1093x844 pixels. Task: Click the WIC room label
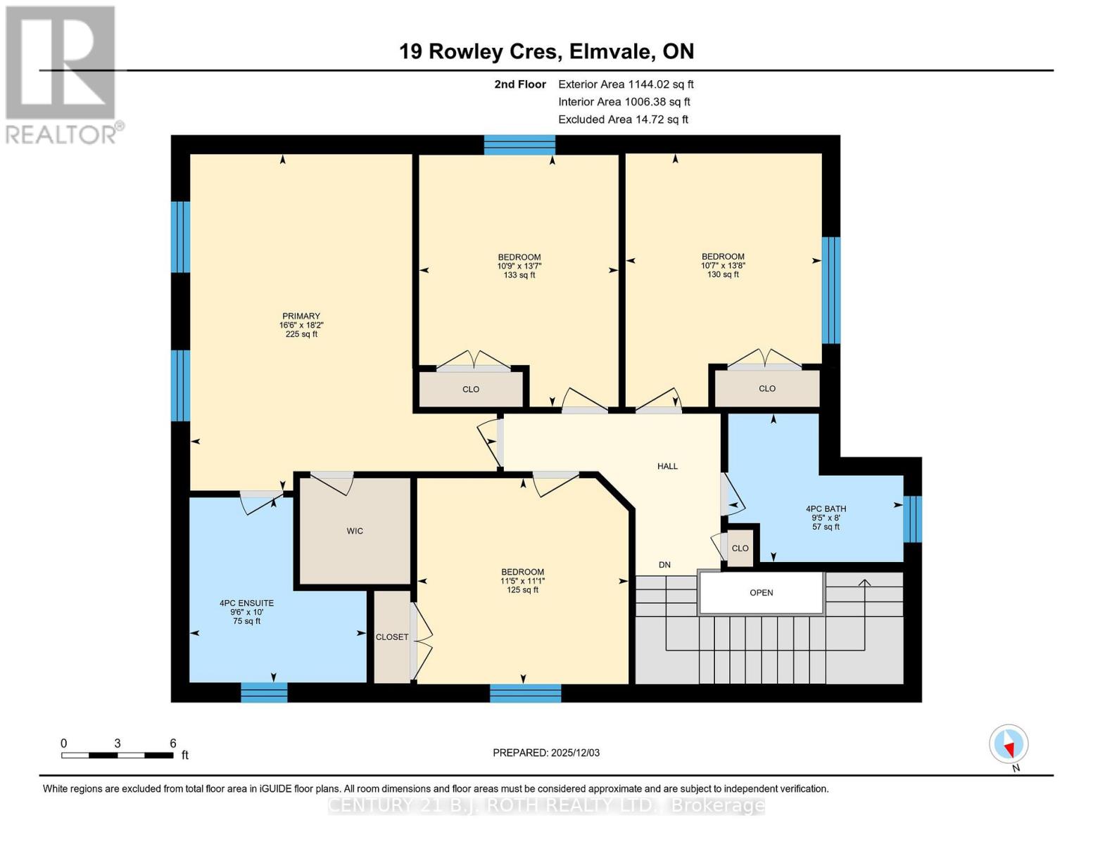pyautogui.click(x=355, y=531)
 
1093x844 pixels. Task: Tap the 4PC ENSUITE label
pyautogui.click(x=246, y=603)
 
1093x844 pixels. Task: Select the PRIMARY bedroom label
pyautogui.click(x=301, y=316)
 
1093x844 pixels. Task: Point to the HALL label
pyautogui.click(x=667, y=466)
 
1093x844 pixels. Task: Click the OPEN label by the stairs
pyautogui.click(x=761, y=593)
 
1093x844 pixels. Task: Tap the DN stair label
pyautogui.click(x=664, y=565)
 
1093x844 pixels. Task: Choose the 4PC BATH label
pyautogui.click(x=826, y=509)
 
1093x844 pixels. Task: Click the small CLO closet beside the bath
pyautogui.click(x=740, y=549)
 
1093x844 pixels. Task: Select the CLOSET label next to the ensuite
pyautogui.click(x=392, y=637)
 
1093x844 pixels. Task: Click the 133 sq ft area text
pyautogui.click(x=519, y=276)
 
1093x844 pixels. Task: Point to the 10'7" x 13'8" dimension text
pyautogui.click(x=723, y=266)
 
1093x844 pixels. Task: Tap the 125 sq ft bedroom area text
pyautogui.click(x=522, y=590)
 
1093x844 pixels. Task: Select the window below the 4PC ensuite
pyautogui.click(x=264, y=693)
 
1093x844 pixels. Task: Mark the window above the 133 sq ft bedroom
pyautogui.click(x=519, y=145)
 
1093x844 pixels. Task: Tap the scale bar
pyautogui.click(x=117, y=755)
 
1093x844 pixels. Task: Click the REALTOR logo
pyautogui.click(x=61, y=74)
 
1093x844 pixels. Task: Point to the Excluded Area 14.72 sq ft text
pyautogui.click(x=623, y=120)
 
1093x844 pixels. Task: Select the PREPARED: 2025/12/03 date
pyautogui.click(x=546, y=753)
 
